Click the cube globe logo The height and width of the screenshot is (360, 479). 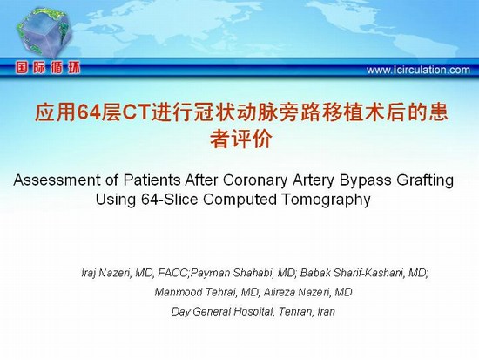point(44,33)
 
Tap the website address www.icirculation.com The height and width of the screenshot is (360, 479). point(418,70)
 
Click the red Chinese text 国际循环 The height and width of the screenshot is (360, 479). point(48,68)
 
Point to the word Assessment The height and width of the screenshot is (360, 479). point(57,180)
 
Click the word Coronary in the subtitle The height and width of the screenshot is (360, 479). point(255,180)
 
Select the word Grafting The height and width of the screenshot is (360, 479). point(425,180)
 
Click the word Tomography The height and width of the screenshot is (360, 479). point(326,200)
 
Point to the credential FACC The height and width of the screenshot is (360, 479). point(173,273)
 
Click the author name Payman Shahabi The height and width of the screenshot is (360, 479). point(233,273)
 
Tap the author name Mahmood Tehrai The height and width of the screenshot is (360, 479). point(195,292)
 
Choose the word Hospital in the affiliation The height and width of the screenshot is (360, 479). point(253,312)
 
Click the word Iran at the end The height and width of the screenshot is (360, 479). point(327,311)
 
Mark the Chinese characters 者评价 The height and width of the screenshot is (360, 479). point(241,139)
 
